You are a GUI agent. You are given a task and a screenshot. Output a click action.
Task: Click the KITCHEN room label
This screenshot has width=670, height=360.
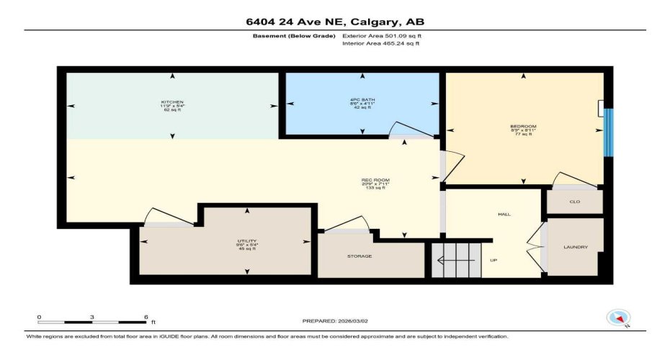pos(172,102)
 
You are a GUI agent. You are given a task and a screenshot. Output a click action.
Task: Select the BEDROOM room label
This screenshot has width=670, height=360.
pos(523,126)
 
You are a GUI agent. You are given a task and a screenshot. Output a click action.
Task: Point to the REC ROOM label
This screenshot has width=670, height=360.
pos(375,179)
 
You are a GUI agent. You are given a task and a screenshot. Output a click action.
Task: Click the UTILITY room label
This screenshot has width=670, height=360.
pos(247,241)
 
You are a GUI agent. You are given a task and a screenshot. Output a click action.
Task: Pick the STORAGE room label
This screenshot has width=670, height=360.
pos(359,256)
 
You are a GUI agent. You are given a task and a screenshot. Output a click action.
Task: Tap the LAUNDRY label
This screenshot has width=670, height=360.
pos(576,248)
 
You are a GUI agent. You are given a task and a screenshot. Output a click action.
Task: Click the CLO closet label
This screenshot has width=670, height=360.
pos(574,202)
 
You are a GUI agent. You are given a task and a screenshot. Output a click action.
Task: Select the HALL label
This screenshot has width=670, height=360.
pos(504,215)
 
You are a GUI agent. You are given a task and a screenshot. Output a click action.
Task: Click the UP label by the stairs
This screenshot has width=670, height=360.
pos(493,261)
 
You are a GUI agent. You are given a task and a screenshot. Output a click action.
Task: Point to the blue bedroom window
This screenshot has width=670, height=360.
pos(609,132)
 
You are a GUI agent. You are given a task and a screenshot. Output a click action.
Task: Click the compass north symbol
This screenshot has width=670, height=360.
pos(618,318)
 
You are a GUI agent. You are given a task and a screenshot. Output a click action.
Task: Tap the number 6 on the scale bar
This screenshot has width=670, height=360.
pos(146,318)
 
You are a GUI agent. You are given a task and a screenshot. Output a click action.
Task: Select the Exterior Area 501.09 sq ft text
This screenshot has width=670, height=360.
pos(380,35)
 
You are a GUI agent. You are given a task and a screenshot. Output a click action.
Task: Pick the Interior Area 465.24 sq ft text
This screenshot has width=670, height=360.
pos(380,43)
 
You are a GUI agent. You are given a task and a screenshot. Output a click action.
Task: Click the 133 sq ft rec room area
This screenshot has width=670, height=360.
pos(375,188)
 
